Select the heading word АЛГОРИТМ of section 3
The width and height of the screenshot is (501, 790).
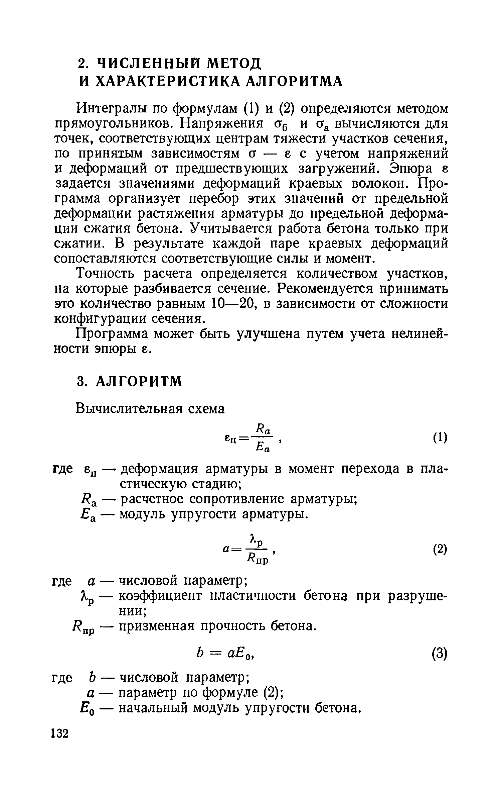point(139,382)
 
